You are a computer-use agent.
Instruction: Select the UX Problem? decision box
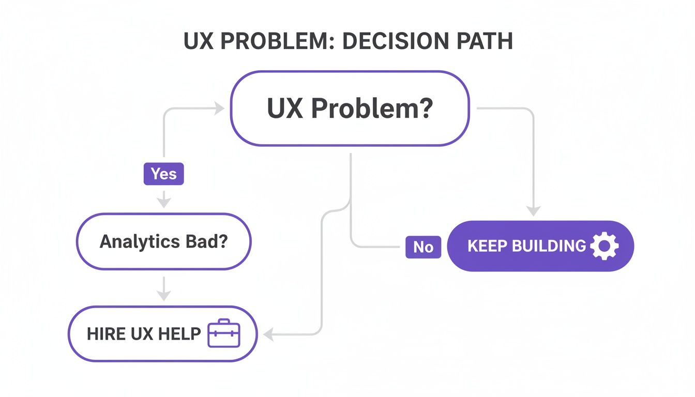(350, 109)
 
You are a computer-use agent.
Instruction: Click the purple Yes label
(163, 174)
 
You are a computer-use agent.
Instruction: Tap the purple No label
(423, 247)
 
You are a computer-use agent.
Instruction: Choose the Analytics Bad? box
(163, 242)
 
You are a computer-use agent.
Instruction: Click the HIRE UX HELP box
(162, 333)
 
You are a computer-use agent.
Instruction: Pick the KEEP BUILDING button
(540, 246)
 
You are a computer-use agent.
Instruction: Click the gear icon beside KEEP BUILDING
(604, 246)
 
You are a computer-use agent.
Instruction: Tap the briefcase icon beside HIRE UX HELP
(223, 334)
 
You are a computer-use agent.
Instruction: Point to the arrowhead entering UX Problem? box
(219, 109)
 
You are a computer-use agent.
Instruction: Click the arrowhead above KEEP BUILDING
(534, 210)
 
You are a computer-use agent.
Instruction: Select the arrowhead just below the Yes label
(163, 202)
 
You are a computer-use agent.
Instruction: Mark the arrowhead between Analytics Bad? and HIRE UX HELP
(163, 295)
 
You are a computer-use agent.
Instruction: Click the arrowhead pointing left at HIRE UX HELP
(268, 334)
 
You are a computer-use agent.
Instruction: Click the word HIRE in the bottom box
(105, 333)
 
